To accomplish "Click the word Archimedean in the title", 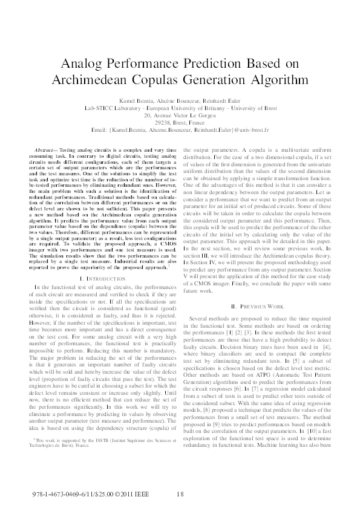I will point(105,79).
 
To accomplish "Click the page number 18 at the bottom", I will point(180,495).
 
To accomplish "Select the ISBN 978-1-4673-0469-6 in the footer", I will point(61,495).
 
